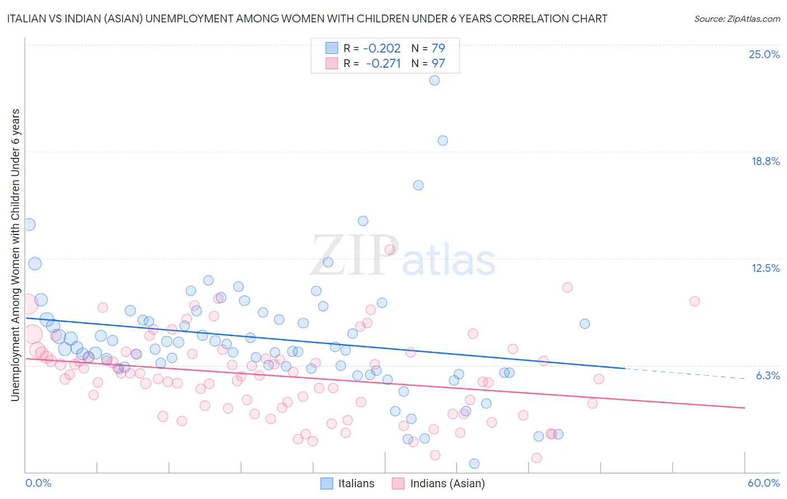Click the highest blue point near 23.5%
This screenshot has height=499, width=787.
point(434,81)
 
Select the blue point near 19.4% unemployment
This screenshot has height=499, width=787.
point(443,140)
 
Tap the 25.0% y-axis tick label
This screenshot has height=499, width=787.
point(764,55)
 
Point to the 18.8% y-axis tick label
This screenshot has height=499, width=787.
point(765,162)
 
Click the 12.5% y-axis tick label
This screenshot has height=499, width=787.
point(765,269)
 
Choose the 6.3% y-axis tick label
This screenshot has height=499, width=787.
point(767,375)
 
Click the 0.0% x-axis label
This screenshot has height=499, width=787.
point(38,483)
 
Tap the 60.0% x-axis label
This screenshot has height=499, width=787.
point(763,483)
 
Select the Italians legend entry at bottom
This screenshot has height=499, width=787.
point(347,484)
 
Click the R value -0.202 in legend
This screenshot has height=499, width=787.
point(382,49)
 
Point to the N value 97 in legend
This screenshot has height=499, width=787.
point(438,64)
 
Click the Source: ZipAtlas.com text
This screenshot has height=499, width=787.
point(737,19)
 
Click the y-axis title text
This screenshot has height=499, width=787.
point(16,255)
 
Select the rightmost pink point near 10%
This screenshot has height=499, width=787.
point(695,302)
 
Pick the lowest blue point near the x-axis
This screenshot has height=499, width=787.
point(474,464)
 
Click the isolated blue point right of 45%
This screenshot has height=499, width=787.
point(585,324)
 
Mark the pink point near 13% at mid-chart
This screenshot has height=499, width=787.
point(390,250)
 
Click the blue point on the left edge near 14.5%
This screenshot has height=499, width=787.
point(29,224)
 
